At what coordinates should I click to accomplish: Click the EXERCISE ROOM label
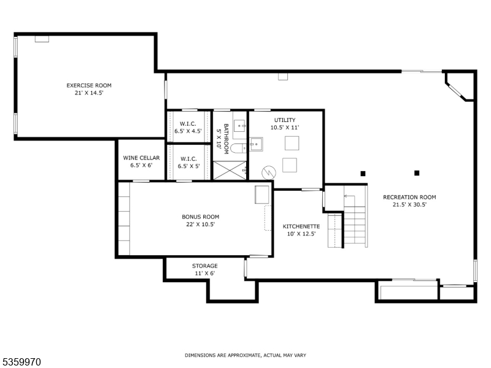(x=89, y=85)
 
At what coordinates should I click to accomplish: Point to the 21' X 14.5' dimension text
(x=89, y=93)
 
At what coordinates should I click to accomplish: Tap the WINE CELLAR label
(x=141, y=158)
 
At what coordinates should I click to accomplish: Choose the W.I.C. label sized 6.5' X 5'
(x=189, y=158)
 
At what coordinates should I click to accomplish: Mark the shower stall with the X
(x=230, y=167)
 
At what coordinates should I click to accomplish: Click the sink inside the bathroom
(x=240, y=126)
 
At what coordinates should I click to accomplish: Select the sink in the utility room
(x=255, y=145)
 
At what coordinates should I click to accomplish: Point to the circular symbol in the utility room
(x=268, y=173)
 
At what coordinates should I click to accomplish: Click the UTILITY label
(x=285, y=120)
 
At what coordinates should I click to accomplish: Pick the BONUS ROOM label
(x=200, y=217)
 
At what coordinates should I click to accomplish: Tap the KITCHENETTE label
(x=301, y=226)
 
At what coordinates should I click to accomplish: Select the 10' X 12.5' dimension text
(x=301, y=234)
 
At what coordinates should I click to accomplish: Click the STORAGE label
(x=204, y=266)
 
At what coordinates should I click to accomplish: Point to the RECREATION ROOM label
(x=409, y=197)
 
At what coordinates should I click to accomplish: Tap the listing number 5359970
(x=21, y=362)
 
